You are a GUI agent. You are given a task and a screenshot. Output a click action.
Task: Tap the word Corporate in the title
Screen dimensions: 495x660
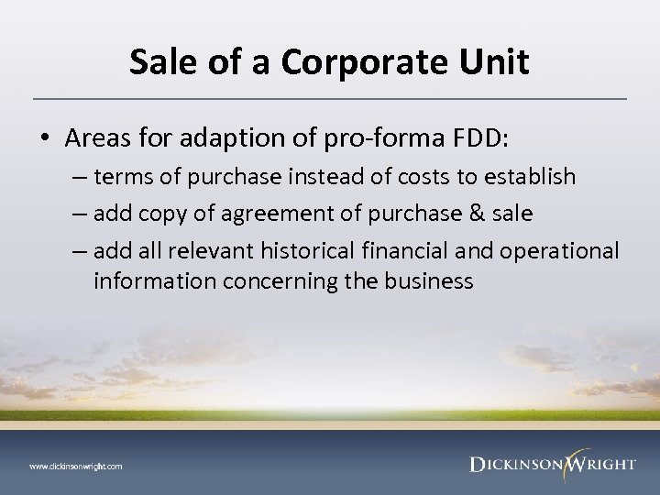click(x=350, y=62)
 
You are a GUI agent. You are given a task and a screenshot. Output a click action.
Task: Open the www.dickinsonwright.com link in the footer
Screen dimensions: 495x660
click(x=75, y=467)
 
